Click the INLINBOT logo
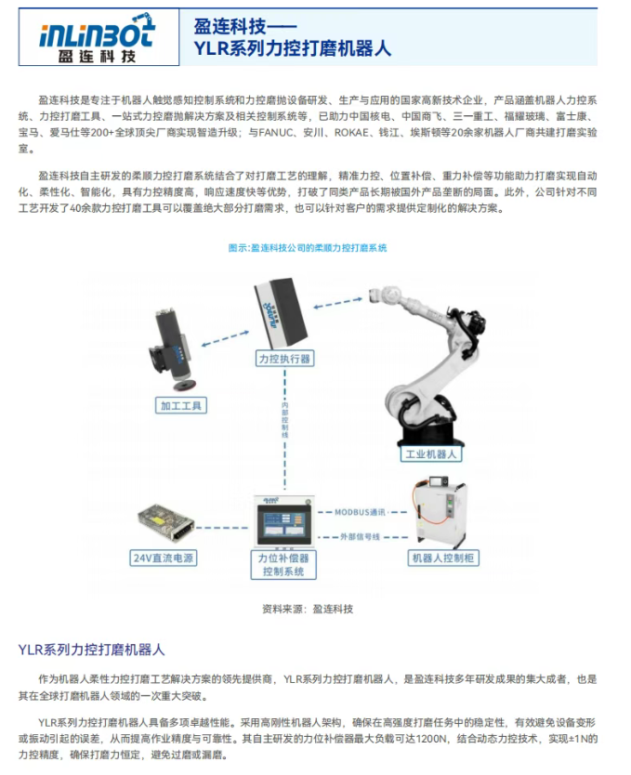98,37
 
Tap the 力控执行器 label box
284,359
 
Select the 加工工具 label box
181,406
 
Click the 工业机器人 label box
431,453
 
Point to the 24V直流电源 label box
163,558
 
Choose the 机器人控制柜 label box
443,558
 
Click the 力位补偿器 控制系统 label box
283,564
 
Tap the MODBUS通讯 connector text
360,512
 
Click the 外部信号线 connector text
360,537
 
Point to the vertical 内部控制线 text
284,420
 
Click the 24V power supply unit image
166,521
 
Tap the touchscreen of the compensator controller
283,524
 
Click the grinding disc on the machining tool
185,385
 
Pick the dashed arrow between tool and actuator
225,338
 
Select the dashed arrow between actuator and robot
338,303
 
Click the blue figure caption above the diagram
308,247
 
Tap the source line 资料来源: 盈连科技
308,609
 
